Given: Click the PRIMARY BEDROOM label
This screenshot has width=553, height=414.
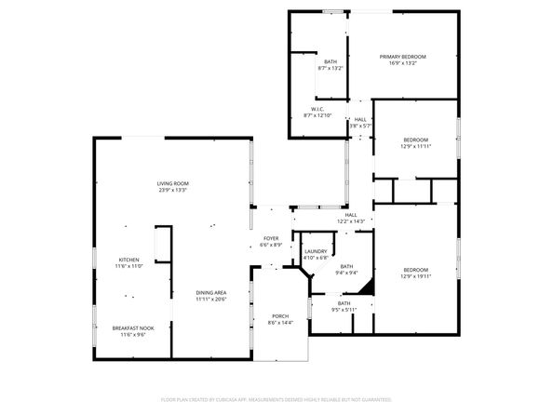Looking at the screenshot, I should (x=403, y=57).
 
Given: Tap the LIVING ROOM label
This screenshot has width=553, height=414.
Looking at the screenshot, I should (x=173, y=183).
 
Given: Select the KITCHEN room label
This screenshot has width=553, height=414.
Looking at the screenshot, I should (x=128, y=260).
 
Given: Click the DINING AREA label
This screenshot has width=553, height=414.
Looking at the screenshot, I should (x=211, y=293).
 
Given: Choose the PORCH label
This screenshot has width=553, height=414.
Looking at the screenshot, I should (x=280, y=316).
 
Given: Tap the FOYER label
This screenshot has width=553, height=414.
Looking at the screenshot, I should (x=271, y=238).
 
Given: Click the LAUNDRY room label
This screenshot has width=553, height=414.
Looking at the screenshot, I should (x=316, y=250).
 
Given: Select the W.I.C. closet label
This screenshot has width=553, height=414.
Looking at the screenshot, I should (x=317, y=109).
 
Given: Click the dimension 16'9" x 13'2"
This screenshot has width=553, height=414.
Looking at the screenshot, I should (x=403, y=63).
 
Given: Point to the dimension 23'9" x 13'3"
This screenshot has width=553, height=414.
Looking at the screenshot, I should (x=173, y=190).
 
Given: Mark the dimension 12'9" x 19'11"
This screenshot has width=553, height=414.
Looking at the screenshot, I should (x=415, y=276).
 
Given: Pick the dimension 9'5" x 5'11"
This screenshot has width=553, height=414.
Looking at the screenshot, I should (x=344, y=309).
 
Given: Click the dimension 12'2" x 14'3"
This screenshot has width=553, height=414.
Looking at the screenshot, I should (x=352, y=220).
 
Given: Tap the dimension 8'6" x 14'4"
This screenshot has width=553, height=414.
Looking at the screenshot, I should (x=280, y=323).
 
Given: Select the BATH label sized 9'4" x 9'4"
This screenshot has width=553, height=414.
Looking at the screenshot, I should (x=345, y=266).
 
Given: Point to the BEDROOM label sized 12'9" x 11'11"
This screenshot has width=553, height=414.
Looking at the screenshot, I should (x=415, y=140).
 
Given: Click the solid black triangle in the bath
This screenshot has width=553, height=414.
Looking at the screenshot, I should (x=368, y=288).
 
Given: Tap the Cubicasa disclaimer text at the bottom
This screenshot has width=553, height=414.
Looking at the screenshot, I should (x=276, y=398).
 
